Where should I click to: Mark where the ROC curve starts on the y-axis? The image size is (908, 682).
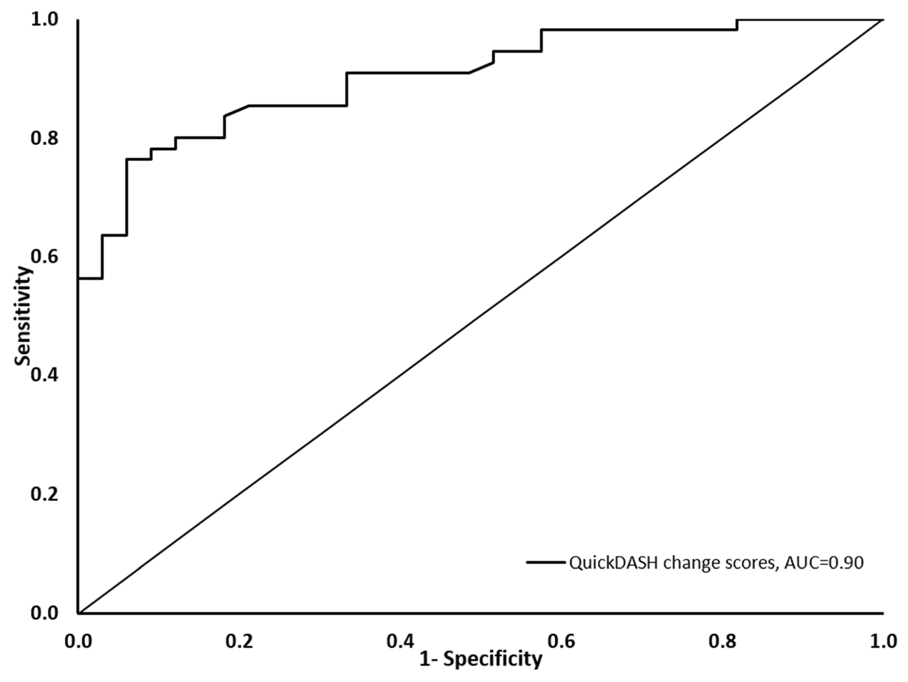[x=78, y=279]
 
